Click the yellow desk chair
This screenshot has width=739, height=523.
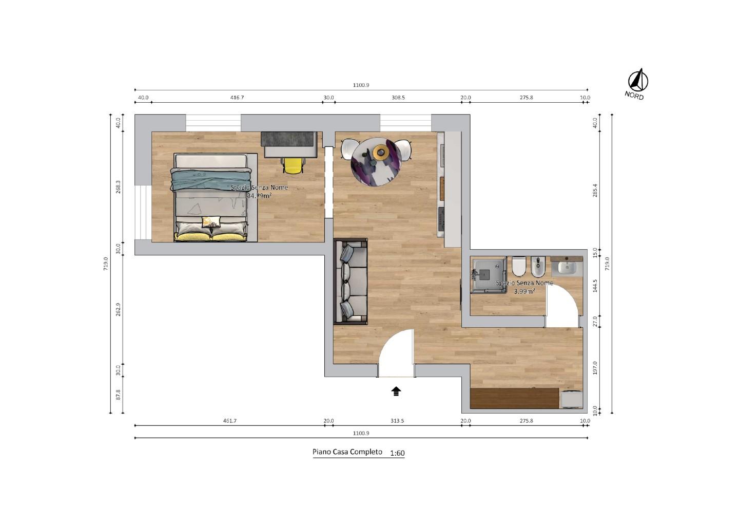(293, 165)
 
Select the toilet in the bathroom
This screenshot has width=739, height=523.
(519, 266)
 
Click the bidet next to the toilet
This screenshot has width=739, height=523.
(538, 267)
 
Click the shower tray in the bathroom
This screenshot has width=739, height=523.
(489, 275)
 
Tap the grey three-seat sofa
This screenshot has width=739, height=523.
(351, 281)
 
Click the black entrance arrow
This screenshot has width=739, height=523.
(396, 391)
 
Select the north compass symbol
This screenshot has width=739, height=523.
(638, 80)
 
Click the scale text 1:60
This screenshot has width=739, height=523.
(397, 453)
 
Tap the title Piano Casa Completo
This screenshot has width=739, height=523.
(347, 452)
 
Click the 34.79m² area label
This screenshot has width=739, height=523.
(259, 196)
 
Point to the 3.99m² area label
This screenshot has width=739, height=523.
(524, 291)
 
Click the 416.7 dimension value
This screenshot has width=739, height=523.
(237, 98)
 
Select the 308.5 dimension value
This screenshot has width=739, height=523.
(398, 98)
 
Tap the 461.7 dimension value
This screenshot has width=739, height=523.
(229, 421)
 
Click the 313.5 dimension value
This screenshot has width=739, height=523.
(397, 421)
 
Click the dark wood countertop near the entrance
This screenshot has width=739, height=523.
(515, 398)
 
